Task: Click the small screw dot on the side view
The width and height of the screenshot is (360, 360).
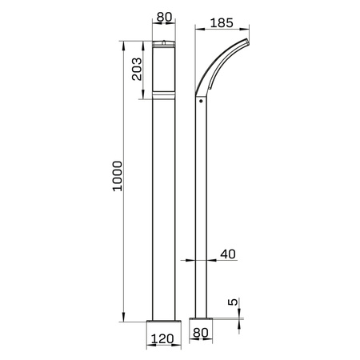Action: coord(200,102)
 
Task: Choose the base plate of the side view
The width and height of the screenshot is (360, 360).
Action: coord(200,326)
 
